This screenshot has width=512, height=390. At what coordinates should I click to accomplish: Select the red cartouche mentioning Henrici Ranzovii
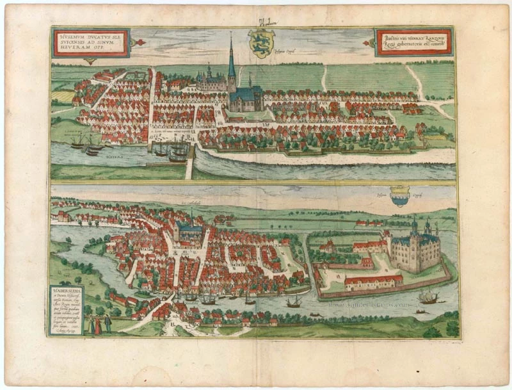(x=413, y=42)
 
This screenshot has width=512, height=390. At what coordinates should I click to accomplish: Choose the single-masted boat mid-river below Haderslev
(x=294, y=302)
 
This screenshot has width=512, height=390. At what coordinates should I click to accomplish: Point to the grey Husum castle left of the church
(x=211, y=81)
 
